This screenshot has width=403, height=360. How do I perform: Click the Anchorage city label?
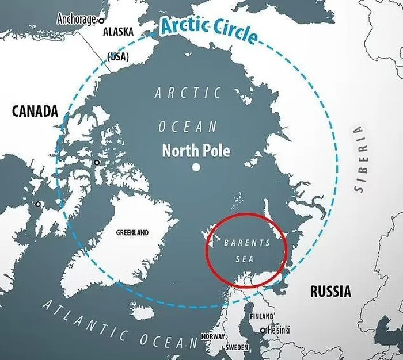pyautogui.click(x=76, y=19)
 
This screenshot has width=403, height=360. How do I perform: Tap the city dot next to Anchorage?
pyautogui.click(x=102, y=20)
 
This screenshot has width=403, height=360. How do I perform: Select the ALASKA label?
pyautogui.click(x=118, y=32)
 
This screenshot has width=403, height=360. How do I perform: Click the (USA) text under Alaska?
pyautogui.click(x=118, y=56)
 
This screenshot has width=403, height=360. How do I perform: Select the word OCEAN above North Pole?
pyautogui.click(x=188, y=127)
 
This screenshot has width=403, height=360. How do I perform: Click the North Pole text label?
pyautogui.click(x=196, y=151)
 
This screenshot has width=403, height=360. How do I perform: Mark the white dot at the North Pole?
pyautogui.click(x=196, y=167)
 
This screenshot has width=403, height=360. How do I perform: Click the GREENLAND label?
pyautogui.click(x=132, y=233)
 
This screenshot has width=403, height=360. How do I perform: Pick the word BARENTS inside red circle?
pyautogui.click(x=246, y=243)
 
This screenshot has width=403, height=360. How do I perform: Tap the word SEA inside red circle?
pyautogui.click(x=245, y=259)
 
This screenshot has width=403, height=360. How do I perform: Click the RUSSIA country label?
pyautogui.click(x=330, y=292)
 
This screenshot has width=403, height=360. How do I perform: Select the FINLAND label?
pyautogui.click(x=261, y=317)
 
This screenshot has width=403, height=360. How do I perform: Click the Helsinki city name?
pyautogui.click(x=279, y=330)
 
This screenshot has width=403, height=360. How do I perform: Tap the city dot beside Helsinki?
pyautogui.click(x=263, y=330)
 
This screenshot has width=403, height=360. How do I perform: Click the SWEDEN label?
pyautogui.click(x=236, y=348)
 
